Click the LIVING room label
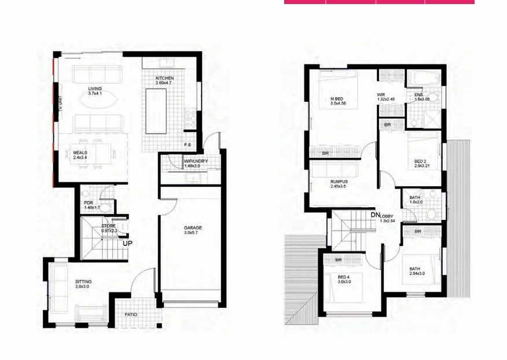pos(87,89)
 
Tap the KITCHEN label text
pos(164,78)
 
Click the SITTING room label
pos(83,281)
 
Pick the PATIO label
pos(131,315)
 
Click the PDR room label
pos(88,203)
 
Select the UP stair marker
pos(128,243)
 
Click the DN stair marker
pos(375,215)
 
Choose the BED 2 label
pos(421,161)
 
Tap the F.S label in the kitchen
pos(188,144)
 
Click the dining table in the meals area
pos(95,152)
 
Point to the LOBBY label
pos(387,215)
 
